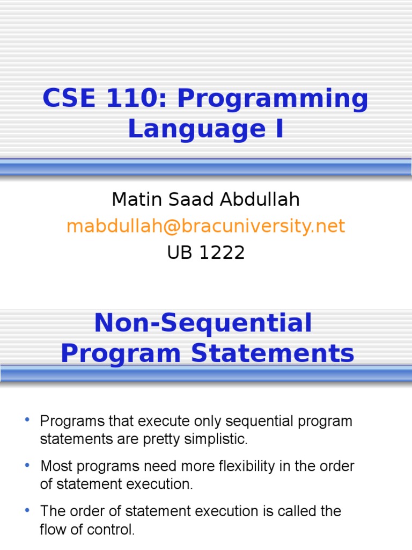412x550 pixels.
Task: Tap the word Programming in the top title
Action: [x=273, y=100]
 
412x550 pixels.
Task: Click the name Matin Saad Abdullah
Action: [x=205, y=200]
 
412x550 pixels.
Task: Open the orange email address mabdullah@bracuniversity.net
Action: [x=205, y=226]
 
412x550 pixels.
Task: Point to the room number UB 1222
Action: [x=205, y=252]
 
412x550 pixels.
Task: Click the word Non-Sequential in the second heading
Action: [x=203, y=323]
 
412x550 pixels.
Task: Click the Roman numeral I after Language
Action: [x=278, y=129]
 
